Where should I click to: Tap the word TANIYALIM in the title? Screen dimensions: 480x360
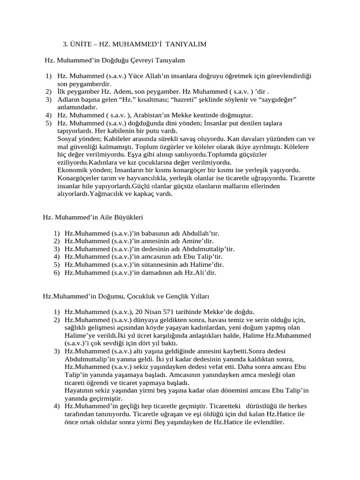186,44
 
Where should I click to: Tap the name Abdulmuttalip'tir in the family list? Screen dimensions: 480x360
207,249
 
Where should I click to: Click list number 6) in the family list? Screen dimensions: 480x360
56,272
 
